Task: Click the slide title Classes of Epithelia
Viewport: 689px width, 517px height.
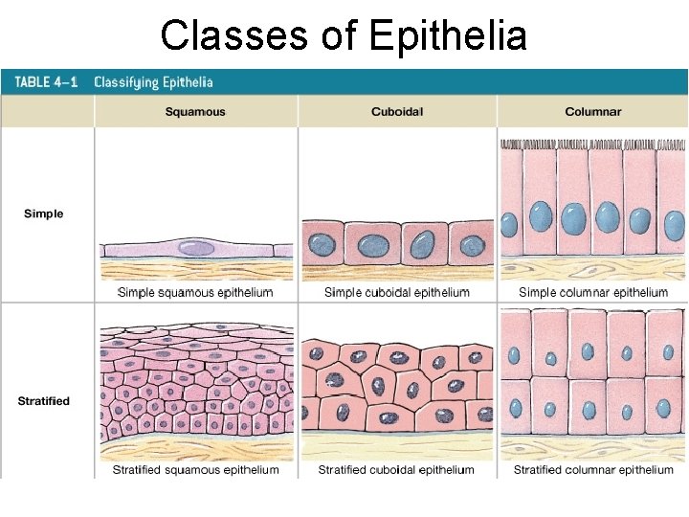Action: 344,36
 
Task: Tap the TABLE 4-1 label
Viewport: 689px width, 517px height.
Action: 46,82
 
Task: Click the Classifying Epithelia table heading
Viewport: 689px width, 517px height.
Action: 153,82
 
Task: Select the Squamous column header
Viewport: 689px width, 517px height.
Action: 195,112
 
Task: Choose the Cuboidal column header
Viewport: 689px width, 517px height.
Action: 397,112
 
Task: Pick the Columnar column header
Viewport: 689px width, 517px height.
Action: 592,112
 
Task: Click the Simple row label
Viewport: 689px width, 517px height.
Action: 44,214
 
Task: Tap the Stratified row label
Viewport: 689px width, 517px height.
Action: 44,400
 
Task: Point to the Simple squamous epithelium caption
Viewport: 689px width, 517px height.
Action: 195,292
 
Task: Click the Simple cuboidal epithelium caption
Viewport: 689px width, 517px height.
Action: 397,292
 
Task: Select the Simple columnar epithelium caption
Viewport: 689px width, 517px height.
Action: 592,292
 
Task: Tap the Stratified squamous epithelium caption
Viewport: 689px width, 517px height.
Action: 196,470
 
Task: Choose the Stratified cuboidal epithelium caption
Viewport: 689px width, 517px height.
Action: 396,470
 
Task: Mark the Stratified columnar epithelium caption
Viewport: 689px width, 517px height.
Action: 593,470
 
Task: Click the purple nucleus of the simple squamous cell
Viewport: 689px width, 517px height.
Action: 197,247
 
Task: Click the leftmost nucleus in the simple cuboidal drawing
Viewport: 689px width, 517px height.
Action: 322,246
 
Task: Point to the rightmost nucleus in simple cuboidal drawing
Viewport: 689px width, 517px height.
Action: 472,246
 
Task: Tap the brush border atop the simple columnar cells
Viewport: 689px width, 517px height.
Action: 592,145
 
